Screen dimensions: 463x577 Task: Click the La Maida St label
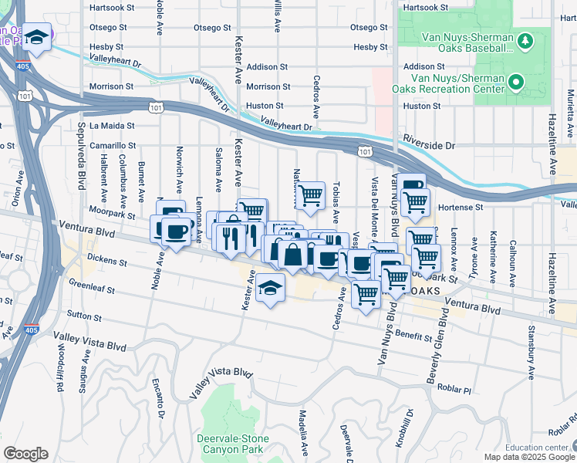(x=112, y=125)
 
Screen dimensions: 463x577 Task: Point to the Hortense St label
(x=460, y=208)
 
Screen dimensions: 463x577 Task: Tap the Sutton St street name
(x=86, y=316)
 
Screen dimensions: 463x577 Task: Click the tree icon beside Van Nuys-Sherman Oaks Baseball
(x=525, y=40)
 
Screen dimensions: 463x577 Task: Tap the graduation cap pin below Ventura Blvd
(x=270, y=289)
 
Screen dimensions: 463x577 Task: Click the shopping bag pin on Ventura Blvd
(x=293, y=252)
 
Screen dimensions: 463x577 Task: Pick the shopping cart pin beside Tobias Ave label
(x=310, y=195)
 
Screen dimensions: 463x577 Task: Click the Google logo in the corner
(x=25, y=454)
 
